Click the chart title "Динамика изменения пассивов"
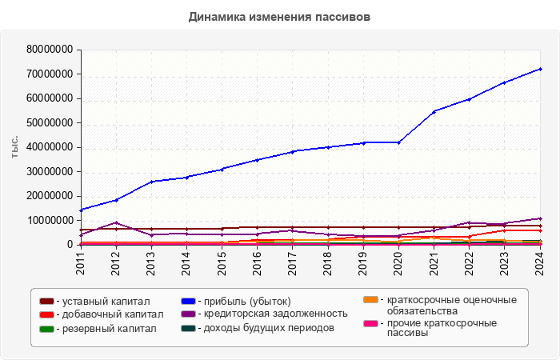tap(279, 17)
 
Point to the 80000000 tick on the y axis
tap(50, 50)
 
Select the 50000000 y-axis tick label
tap(50, 123)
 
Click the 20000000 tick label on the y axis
tap(50, 196)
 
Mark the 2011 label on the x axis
tap(81, 263)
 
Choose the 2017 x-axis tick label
tap(293, 263)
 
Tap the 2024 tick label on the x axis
tap(540, 263)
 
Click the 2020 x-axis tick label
tap(398, 263)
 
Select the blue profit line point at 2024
tap(540, 69)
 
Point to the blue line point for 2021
tap(434, 111)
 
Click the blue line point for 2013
tap(151, 182)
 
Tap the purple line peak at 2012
tap(116, 222)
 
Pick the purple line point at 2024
tap(540, 218)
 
